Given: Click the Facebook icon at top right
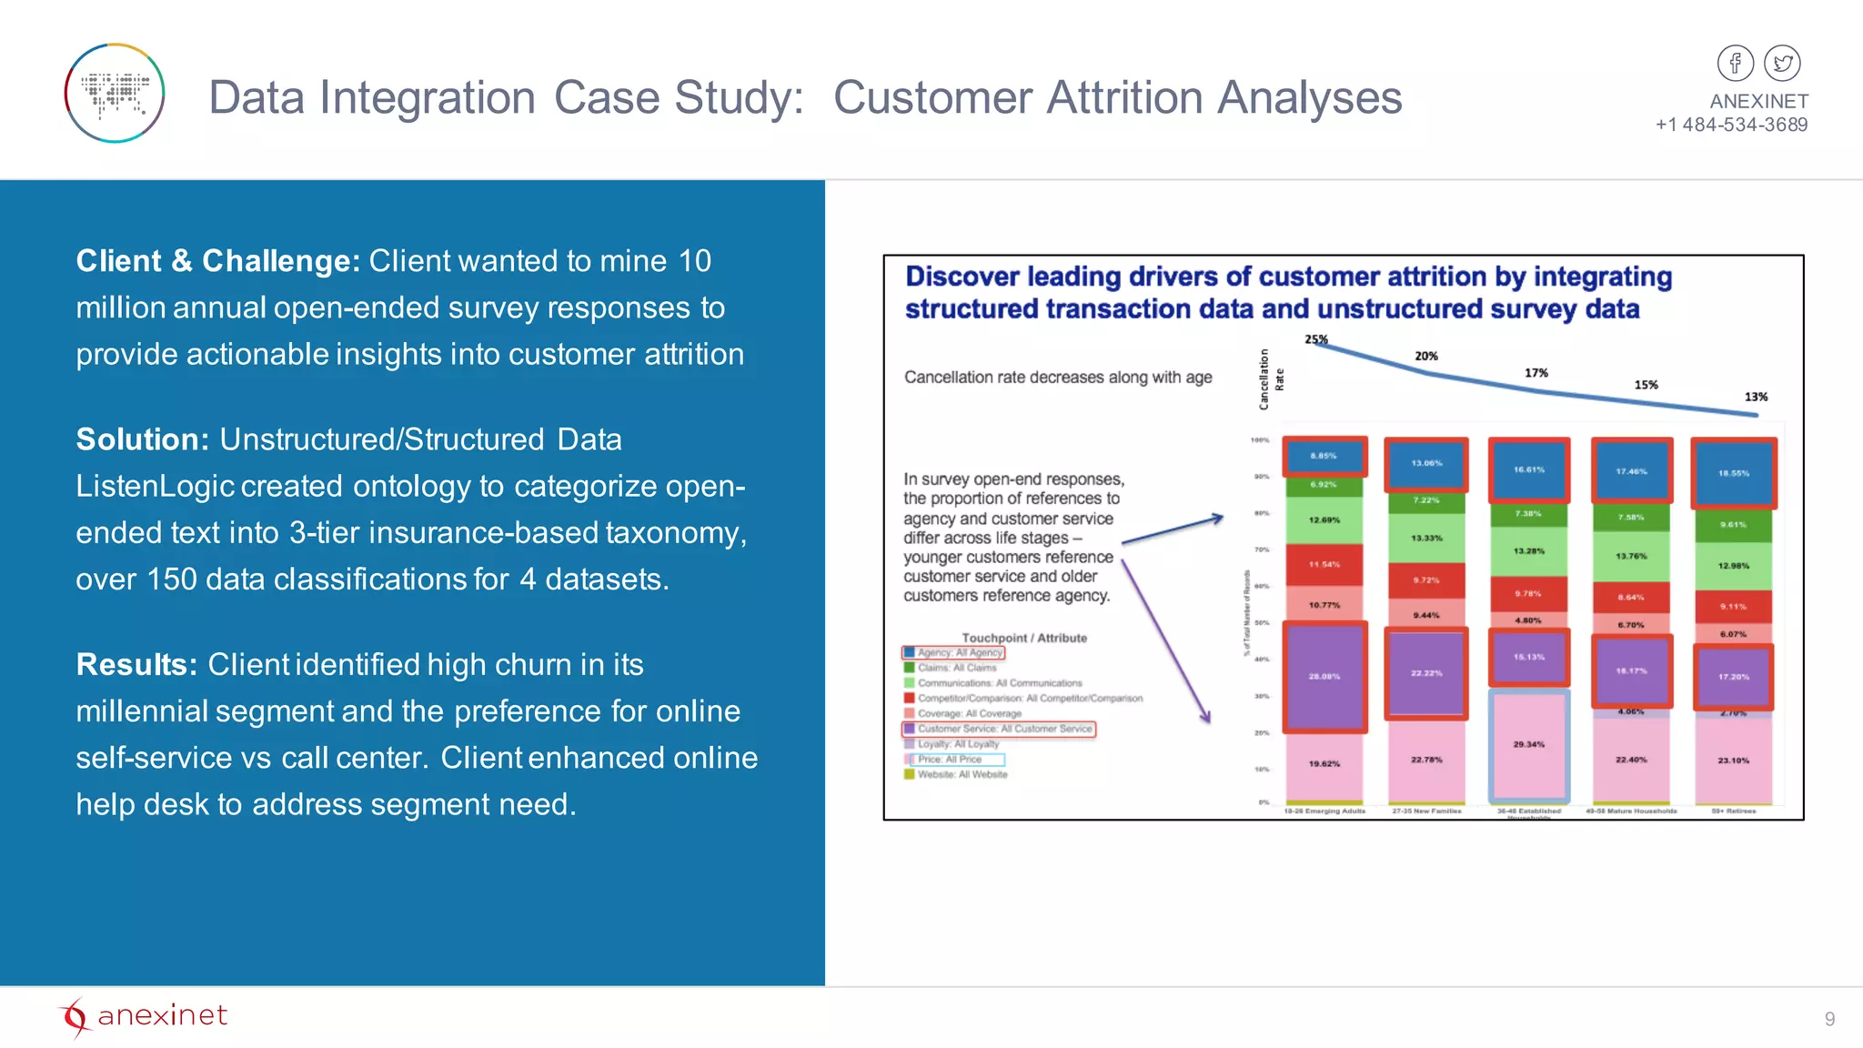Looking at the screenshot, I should pos(1735,64).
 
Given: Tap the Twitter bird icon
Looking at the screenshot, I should pos(1782,64).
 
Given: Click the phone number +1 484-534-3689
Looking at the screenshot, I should pos(1731,125).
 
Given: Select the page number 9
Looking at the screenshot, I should pos(1829,1019).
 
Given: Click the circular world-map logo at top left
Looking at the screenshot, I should pos(115,93).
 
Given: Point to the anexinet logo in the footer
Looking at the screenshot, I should pos(144,1016).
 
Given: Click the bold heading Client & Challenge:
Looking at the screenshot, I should pos(218,261).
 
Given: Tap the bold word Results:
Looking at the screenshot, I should pos(136,665).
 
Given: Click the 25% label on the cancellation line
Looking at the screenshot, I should pos(1315,339).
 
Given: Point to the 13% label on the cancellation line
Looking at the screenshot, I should pos(1756,397).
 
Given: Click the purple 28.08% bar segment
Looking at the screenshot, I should pos(1324,676).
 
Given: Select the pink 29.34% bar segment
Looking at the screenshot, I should pos(1528,744).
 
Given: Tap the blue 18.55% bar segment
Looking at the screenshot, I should pos(1733,473).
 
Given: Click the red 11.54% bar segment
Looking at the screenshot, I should pos(1324,564).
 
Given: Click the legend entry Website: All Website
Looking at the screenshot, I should pos(962,775).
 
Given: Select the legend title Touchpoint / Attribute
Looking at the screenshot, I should pos(1024,638).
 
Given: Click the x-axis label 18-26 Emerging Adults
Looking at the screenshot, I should pos(1324,811).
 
